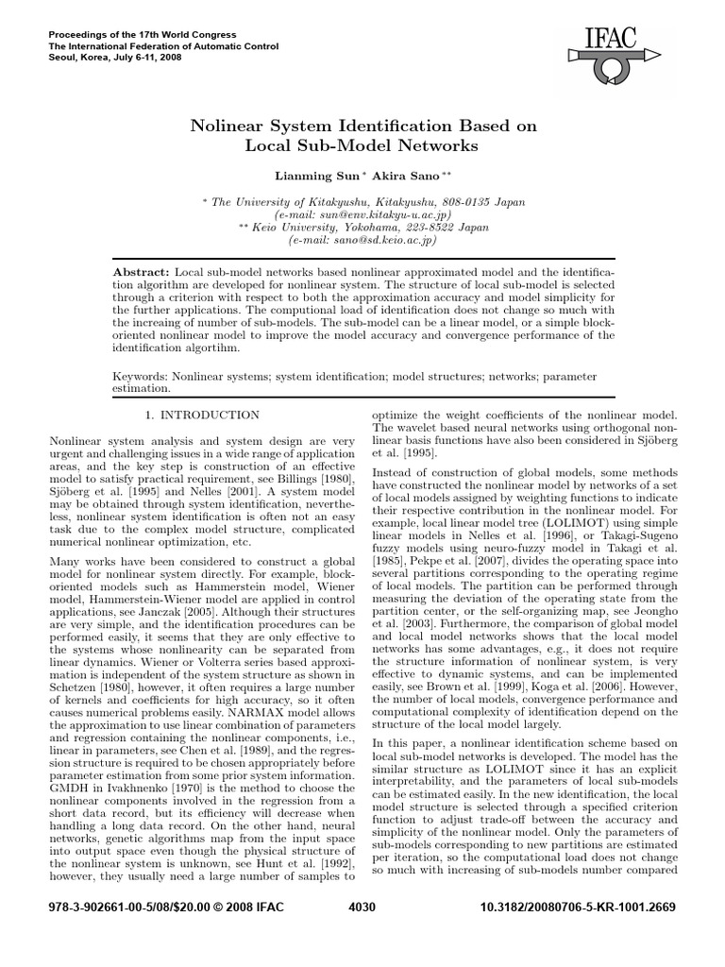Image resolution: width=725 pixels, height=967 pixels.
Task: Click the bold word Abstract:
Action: [x=143, y=271]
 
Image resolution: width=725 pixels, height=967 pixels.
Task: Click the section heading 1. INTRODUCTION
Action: [x=202, y=415]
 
